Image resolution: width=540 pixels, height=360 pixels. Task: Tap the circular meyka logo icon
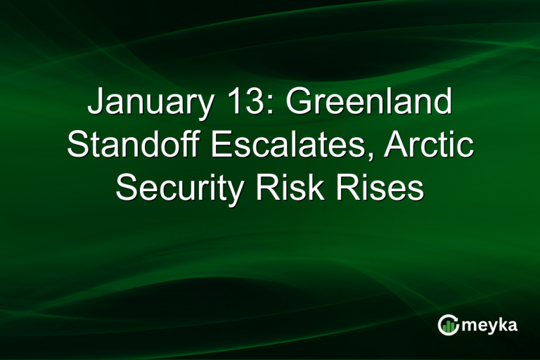449,324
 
